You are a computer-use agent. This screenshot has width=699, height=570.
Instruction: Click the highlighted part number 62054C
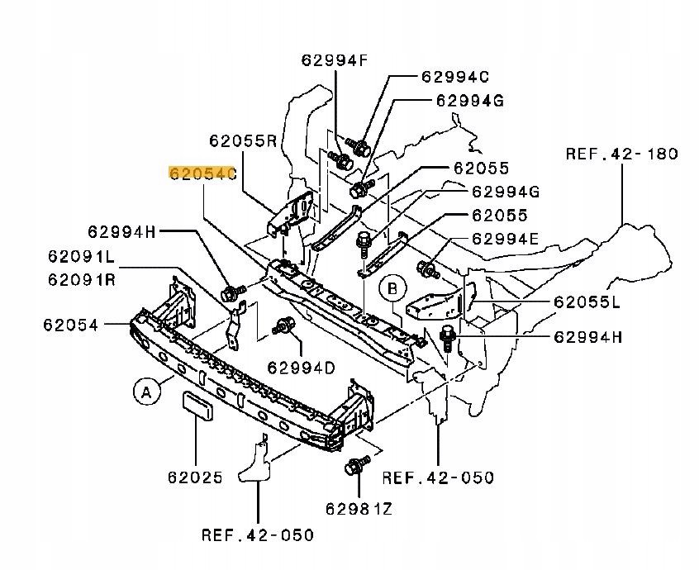point(202,173)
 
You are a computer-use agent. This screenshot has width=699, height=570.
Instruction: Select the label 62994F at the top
point(335,60)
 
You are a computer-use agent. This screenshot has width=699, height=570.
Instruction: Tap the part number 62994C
point(455,77)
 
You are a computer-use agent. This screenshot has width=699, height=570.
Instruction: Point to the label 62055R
point(244,140)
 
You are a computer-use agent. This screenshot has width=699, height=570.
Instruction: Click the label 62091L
point(82,256)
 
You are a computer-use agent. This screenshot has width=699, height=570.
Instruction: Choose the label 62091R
point(82,279)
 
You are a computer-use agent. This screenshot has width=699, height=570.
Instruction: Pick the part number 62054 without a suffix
point(70,325)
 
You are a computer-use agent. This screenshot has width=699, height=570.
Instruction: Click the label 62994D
point(302,368)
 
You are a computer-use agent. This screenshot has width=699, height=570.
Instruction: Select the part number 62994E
point(505,239)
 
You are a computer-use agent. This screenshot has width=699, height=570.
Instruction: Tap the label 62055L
point(587,302)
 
